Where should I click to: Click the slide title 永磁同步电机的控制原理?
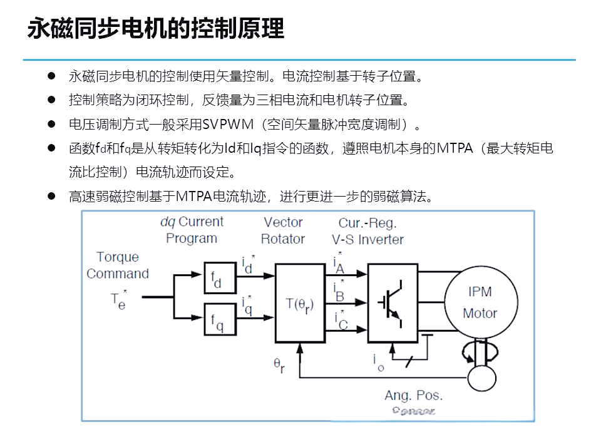[x=156, y=29]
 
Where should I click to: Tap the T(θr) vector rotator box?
[x=300, y=304]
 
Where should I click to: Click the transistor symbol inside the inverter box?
[x=391, y=303]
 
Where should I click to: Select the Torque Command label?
[x=118, y=265]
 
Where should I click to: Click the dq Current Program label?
[x=192, y=230]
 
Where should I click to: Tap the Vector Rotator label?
[x=283, y=230]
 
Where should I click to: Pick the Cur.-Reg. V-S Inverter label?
[x=367, y=231]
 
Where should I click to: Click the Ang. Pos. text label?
[x=413, y=396]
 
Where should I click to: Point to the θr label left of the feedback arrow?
[x=279, y=364]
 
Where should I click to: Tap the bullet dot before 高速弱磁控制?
[x=52, y=197]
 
